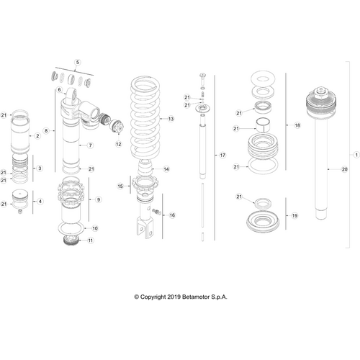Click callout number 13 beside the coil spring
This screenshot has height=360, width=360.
pos(171,119)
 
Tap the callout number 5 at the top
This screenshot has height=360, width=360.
pos(78,62)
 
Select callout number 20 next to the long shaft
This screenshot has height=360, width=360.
pos(344,169)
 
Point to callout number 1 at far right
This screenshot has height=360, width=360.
pos(356,155)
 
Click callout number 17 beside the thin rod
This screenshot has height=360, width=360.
pos(222,156)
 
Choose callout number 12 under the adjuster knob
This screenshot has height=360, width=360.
pos(119,144)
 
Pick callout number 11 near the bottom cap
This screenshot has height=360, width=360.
pos(91,240)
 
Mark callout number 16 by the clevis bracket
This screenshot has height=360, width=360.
pos(172,215)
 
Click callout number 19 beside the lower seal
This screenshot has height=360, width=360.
pos(294,215)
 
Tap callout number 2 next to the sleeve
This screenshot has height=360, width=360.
pos(37,136)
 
